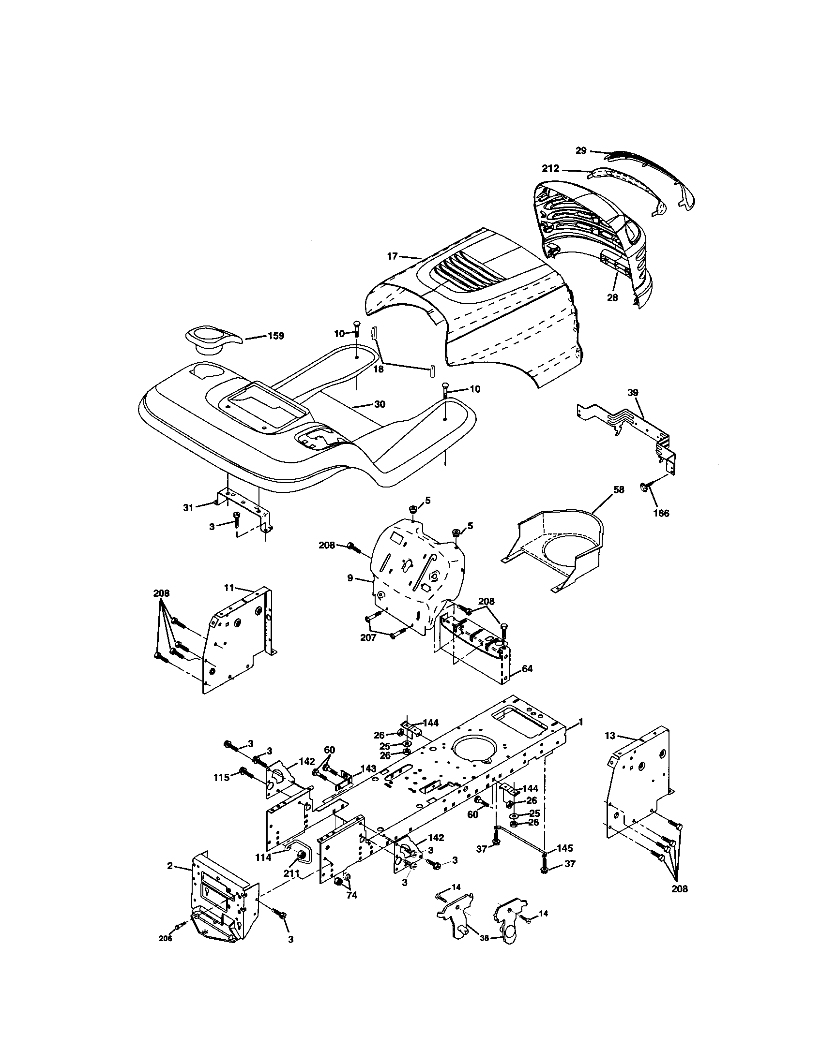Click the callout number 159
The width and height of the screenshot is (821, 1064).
[276, 336]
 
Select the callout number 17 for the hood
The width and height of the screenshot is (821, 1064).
[393, 256]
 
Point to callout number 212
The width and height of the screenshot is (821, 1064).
[551, 169]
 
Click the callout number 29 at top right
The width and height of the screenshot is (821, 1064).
[580, 150]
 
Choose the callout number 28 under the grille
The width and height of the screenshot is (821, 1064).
[612, 297]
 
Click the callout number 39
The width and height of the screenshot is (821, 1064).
[633, 393]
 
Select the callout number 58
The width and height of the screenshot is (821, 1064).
[618, 489]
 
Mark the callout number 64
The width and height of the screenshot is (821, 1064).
[527, 669]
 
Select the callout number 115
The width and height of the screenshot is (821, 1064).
[222, 778]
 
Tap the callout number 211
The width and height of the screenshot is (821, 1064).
[291, 873]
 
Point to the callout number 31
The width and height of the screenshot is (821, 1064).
[188, 507]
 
